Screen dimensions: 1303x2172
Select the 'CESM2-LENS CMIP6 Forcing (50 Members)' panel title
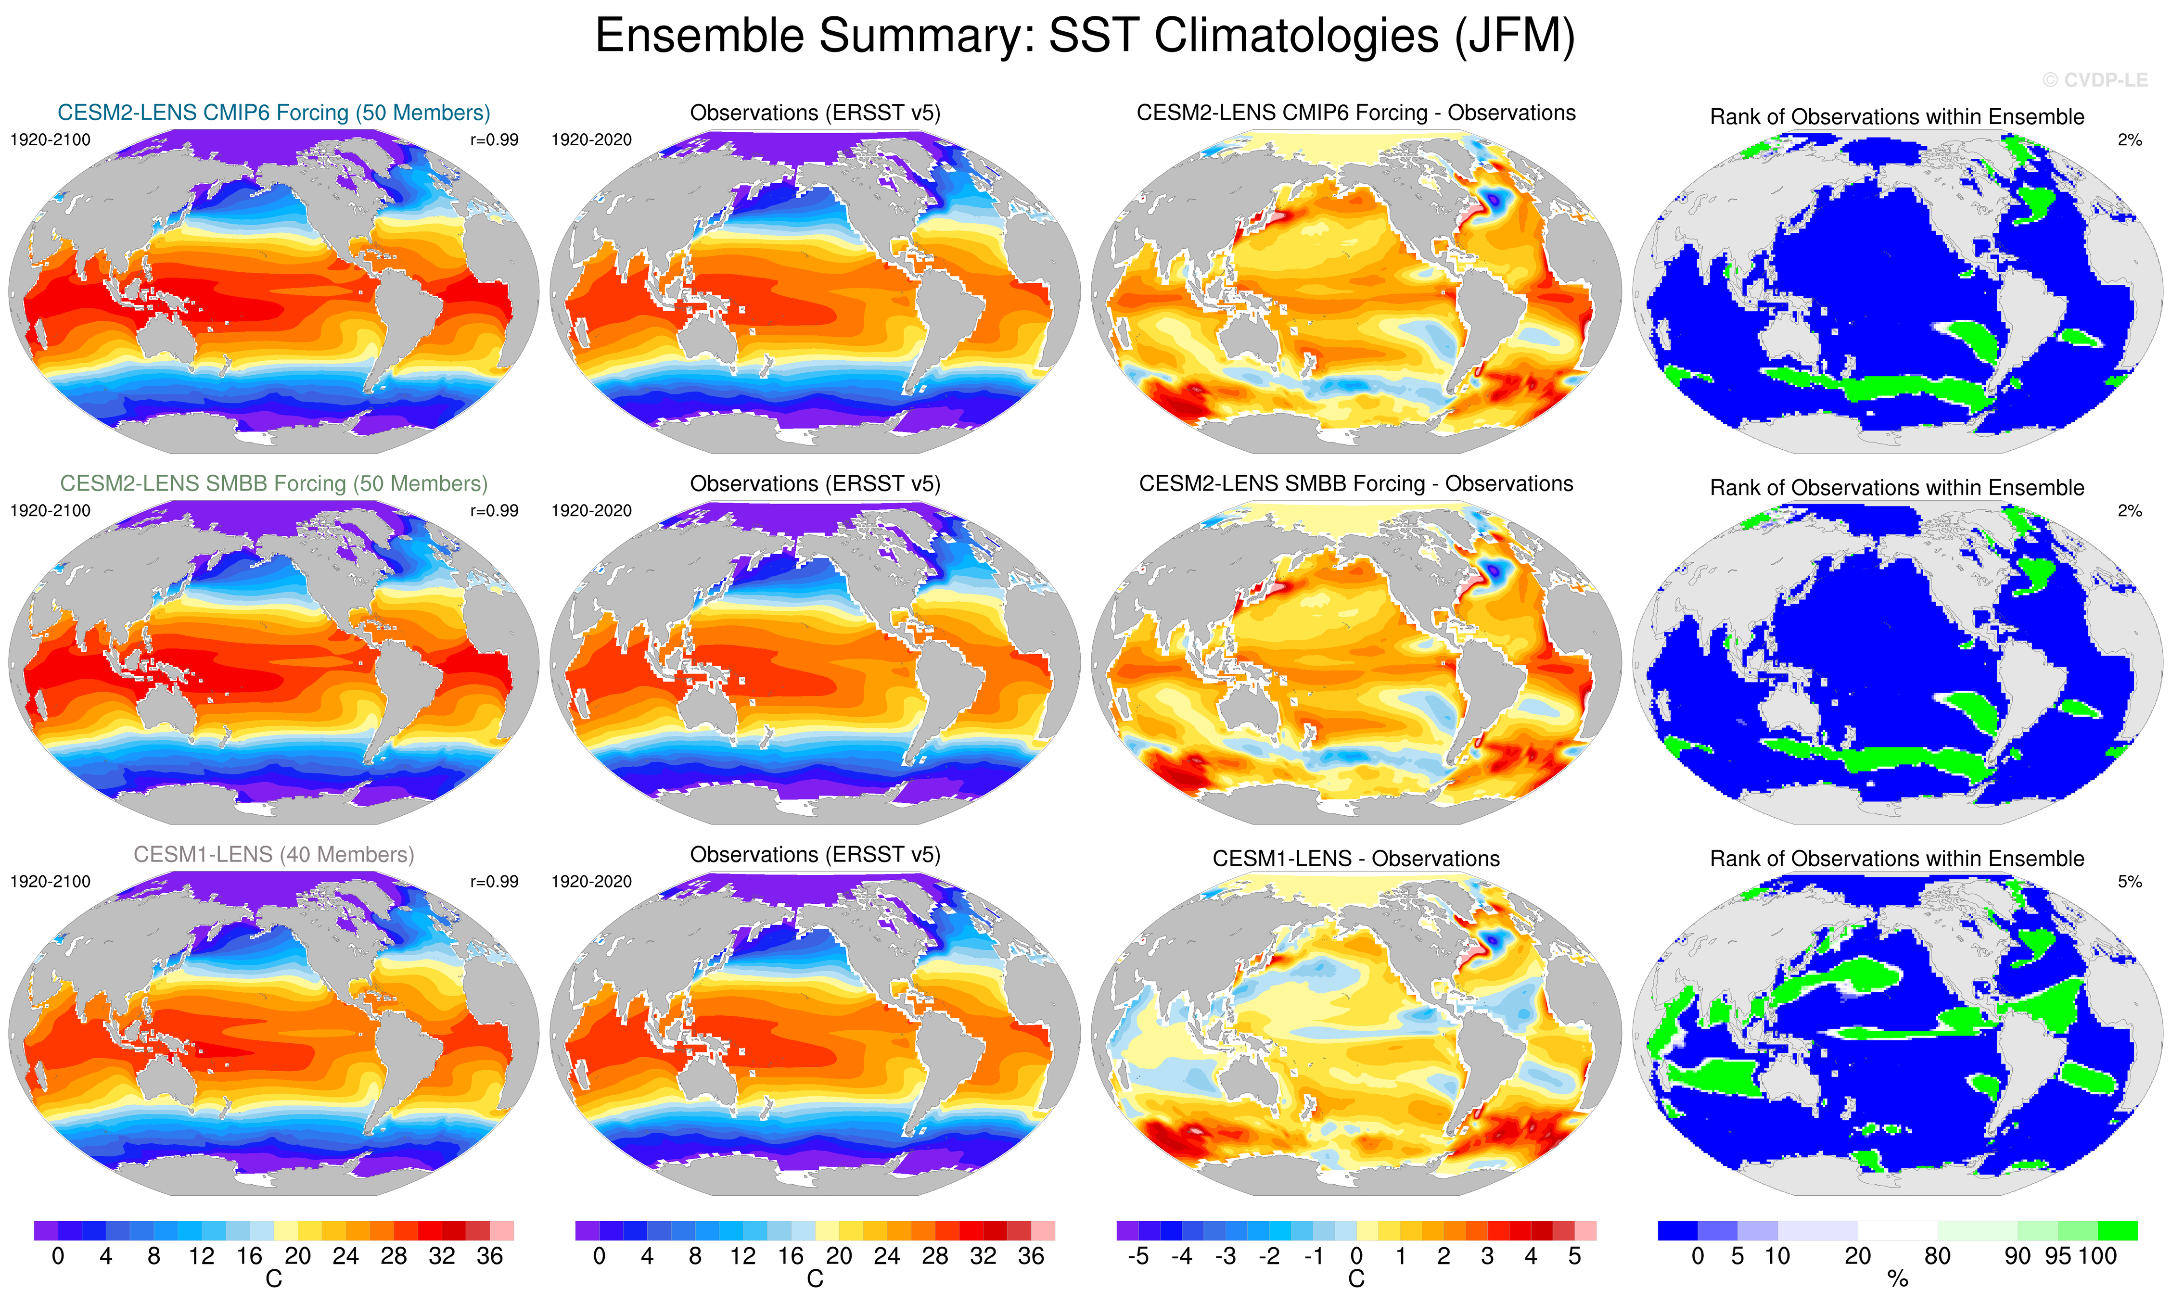273,113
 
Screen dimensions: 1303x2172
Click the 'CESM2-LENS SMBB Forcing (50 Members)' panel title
273,484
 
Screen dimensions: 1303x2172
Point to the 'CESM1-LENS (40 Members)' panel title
273,854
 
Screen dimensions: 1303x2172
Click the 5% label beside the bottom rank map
2129,882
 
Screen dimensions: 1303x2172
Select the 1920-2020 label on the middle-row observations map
591,511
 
